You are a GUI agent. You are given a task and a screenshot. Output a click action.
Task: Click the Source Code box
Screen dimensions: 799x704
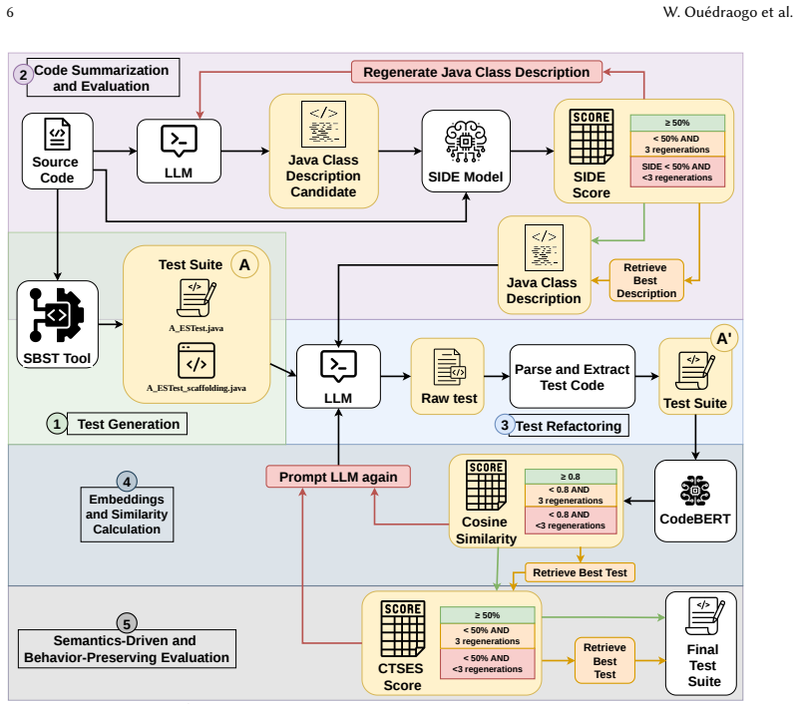[58, 152]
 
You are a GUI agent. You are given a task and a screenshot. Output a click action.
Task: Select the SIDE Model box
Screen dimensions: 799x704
[466, 152]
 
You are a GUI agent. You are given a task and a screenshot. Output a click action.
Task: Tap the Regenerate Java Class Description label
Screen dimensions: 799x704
[477, 72]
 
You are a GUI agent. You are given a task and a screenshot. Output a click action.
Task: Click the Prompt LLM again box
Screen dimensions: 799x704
[338, 477]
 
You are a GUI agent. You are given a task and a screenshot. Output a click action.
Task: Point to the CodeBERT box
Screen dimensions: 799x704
[695, 502]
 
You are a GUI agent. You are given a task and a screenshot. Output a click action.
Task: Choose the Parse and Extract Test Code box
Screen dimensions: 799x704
[573, 377]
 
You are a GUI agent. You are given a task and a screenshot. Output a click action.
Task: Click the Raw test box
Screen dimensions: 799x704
[448, 377]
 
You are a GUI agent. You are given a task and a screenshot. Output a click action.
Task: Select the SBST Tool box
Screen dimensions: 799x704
[58, 324]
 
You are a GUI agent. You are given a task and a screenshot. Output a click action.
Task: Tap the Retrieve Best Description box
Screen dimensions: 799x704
[646, 280]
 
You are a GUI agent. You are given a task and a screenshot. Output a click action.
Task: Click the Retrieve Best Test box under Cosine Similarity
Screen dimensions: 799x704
[580, 572]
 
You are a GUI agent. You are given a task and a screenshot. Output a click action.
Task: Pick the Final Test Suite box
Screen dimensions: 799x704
[701, 643]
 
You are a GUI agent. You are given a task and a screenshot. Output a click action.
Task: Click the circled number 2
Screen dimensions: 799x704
[23, 75]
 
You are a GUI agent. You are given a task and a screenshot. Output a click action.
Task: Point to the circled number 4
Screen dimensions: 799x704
[127, 482]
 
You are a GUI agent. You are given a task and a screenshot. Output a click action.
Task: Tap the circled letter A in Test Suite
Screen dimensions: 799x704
[244, 265]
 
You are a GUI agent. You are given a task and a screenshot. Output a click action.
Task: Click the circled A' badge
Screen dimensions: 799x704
[724, 338]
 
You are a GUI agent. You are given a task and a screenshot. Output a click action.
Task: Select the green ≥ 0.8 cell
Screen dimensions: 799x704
[571, 477]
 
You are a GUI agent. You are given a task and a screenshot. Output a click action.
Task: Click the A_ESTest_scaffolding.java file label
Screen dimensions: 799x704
[197, 388]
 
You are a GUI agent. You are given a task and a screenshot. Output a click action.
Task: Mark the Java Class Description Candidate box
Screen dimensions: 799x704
[323, 152]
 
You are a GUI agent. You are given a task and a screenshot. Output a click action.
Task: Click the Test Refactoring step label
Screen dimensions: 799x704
[569, 426]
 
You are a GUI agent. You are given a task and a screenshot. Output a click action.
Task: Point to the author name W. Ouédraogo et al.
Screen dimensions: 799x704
[727, 12]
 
